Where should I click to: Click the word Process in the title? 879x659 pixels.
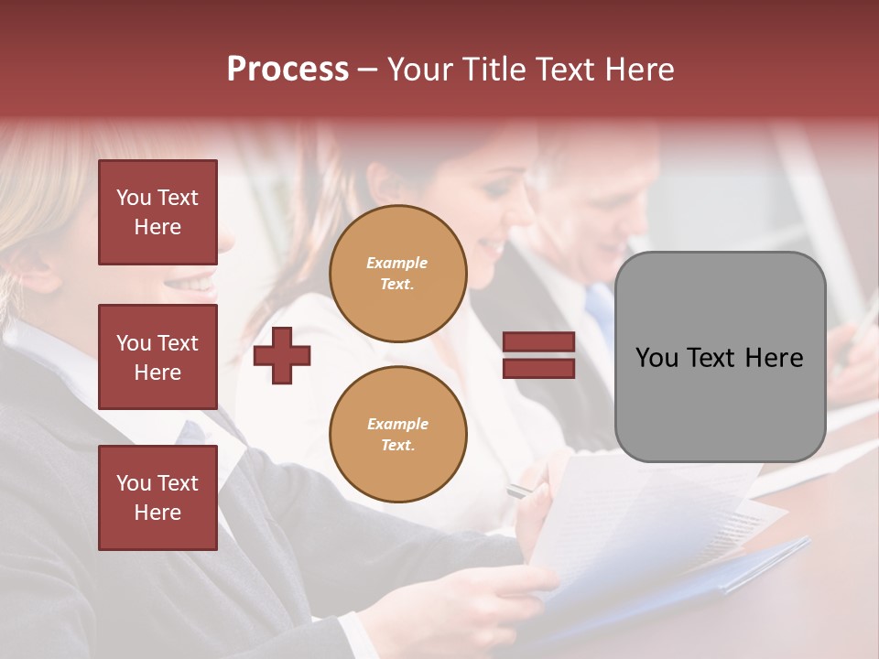[288, 70]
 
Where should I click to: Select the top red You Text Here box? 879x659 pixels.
[157, 212]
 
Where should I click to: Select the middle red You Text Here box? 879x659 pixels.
[157, 357]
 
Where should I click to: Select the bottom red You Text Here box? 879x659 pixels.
[157, 498]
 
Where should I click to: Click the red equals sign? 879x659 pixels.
[538, 355]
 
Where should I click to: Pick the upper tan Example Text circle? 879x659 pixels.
[398, 274]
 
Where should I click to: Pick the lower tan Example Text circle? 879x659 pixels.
[398, 434]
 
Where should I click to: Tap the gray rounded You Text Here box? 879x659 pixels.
[720, 357]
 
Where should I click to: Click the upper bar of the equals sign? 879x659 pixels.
[538, 342]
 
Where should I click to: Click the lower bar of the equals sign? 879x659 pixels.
[538, 368]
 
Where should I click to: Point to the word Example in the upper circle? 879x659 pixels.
[397, 263]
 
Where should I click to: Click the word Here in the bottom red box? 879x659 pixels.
[157, 513]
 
